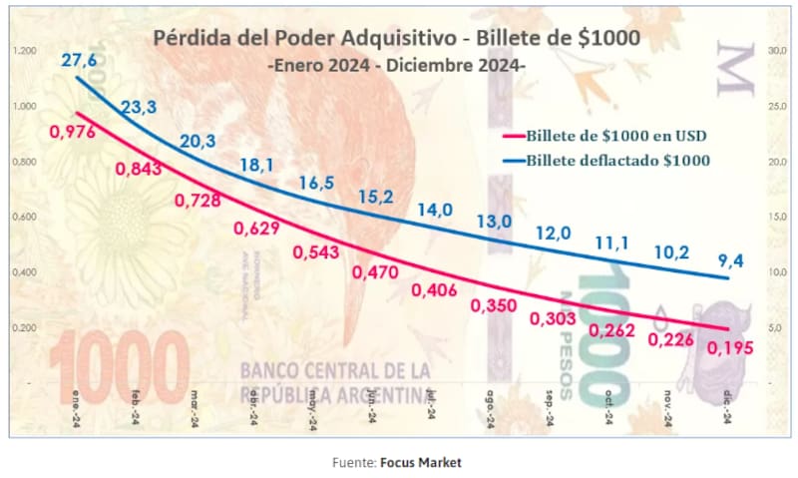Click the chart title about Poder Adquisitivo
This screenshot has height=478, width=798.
tap(397, 39)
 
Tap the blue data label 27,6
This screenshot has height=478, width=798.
tap(78, 62)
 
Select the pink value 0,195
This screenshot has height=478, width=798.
tap(730, 348)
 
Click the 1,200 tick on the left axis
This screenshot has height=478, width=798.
tap(25, 50)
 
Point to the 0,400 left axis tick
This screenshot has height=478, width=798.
tap(25, 271)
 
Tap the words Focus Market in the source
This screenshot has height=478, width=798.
tap(420, 462)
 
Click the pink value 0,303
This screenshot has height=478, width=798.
tap(553, 318)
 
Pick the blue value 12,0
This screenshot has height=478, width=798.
tap(553, 233)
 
